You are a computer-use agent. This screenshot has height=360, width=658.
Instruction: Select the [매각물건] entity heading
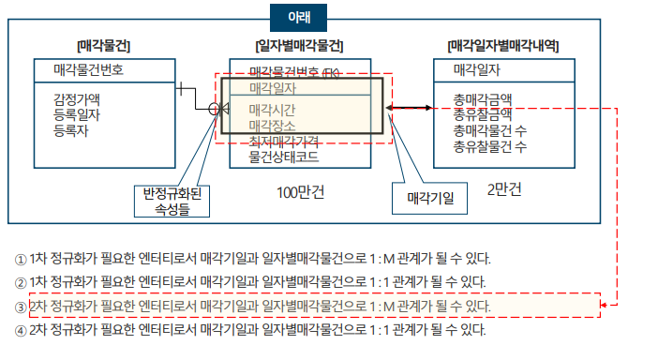(103, 45)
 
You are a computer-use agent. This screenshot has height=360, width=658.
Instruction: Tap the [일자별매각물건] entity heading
(298, 45)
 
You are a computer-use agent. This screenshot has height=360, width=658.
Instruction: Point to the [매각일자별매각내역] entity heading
(510, 45)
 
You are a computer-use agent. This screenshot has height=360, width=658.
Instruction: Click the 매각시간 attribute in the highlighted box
(272, 110)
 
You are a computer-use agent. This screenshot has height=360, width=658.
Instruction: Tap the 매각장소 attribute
(272, 126)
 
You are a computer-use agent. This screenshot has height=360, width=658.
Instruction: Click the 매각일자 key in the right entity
(476, 69)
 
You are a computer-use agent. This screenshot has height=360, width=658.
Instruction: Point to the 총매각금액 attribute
(482, 98)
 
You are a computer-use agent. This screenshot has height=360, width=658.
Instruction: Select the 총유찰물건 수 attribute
(489, 146)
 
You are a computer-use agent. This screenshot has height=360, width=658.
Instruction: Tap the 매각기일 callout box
(430, 199)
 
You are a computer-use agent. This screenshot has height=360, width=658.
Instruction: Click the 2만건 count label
(504, 188)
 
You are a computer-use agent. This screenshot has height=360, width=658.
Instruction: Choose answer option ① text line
(252, 259)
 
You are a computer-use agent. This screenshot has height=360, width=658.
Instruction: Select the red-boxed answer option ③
(252, 307)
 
